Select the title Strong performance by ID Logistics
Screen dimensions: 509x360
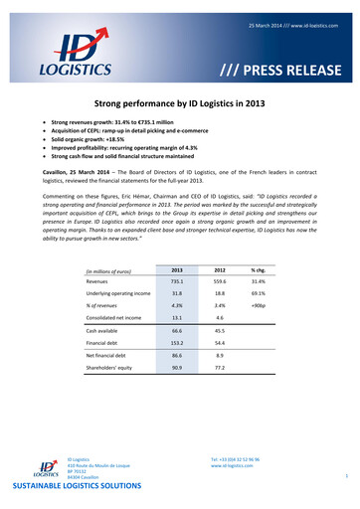180,103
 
